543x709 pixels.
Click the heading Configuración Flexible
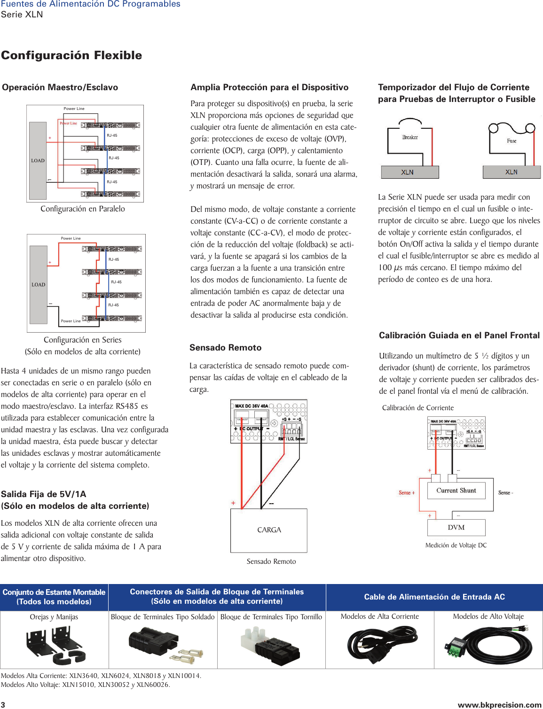pos(71,55)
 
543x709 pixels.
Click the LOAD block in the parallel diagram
pos(38,161)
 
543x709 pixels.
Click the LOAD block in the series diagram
pos(39,285)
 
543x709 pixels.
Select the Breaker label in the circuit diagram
pos(410,137)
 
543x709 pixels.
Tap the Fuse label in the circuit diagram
pos(512,141)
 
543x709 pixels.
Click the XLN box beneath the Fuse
pos(512,172)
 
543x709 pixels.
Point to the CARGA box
pos(269,530)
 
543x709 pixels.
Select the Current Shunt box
pos(456,491)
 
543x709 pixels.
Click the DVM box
pos(456,528)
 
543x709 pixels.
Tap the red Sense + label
pos(407,493)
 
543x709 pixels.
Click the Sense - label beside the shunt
pos(505,493)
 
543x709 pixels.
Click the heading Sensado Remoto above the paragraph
pos(225,348)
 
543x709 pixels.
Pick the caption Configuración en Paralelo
pos(83,209)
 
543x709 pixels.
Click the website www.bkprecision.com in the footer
pos(499,705)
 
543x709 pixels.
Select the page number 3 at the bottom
pos(3,705)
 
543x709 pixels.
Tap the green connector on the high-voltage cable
pos(454,647)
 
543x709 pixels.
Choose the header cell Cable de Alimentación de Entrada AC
pos(434,597)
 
